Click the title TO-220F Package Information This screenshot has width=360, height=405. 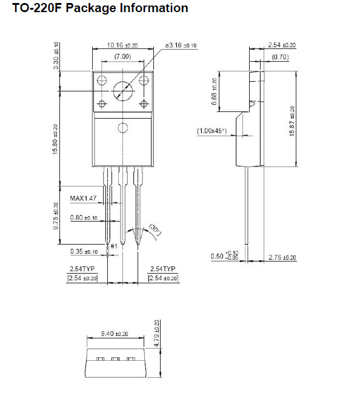pyautogui.click(x=100, y=8)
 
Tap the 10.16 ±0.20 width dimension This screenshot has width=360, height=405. pyautogui.click(x=122, y=45)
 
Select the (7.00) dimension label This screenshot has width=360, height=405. pyautogui.click(x=122, y=56)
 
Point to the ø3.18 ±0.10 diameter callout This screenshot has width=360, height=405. pyautogui.click(x=181, y=45)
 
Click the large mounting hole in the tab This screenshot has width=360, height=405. pyautogui.click(x=123, y=91)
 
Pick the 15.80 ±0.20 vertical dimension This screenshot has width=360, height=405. pyautogui.click(x=55, y=139)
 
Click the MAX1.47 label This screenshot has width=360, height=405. pyautogui.click(x=83, y=198)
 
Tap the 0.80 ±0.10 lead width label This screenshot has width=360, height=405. pyautogui.click(x=84, y=217)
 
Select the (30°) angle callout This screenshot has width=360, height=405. pyautogui.click(x=155, y=229)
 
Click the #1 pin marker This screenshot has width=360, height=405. pyautogui.click(x=114, y=246)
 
